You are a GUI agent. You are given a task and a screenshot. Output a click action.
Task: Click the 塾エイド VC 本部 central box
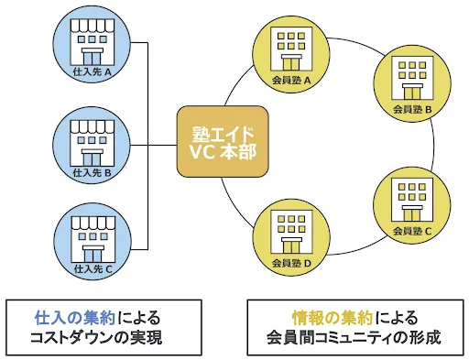tap(223, 141)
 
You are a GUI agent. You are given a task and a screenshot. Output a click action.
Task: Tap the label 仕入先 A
tap(93, 72)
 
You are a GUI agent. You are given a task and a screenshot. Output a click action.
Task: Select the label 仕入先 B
tap(93, 172)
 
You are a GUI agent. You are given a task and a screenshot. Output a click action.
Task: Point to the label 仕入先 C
tap(93, 268)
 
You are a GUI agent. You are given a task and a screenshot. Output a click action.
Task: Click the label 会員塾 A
tap(291, 81)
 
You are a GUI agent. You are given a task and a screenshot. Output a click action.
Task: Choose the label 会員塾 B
tap(412, 109)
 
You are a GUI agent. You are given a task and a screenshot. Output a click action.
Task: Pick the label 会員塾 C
tap(412, 231)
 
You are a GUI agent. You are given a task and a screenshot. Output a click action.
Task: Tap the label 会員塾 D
tap(291, 263)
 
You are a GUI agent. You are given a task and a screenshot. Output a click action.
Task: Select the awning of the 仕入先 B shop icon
tap(93, 126)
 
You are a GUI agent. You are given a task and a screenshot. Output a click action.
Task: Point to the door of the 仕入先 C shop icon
tap(93, 255)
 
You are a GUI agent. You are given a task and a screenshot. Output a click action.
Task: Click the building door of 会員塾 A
tap(291, 63)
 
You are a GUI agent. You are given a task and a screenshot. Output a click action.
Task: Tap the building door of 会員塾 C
tap(412, 213)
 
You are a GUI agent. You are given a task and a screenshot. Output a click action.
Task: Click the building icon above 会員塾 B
tap(412, 78)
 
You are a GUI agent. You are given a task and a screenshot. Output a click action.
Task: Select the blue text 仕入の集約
tap(75, 318)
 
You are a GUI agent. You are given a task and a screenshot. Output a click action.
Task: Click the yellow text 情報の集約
tap(333, 318)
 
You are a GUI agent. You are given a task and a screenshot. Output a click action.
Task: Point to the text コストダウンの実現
tap(96, 338)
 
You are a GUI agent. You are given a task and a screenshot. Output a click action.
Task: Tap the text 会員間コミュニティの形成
tap(354, 338)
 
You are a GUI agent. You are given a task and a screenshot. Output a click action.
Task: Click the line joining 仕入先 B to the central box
tap(154, 146)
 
